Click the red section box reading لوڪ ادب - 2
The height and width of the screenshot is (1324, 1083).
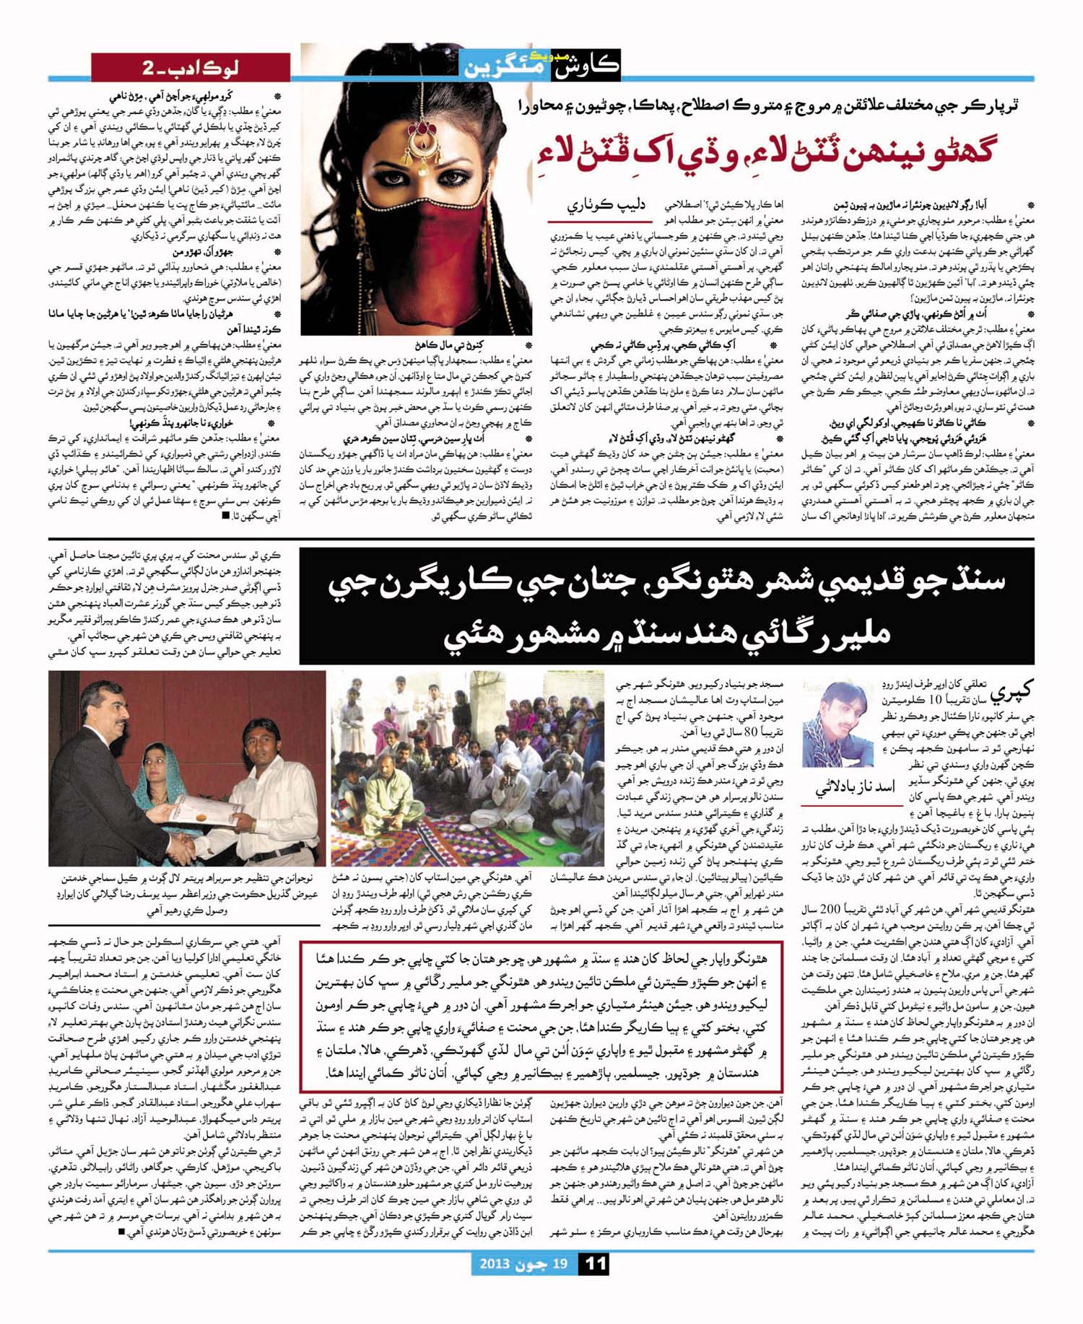[x=190, y=69]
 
